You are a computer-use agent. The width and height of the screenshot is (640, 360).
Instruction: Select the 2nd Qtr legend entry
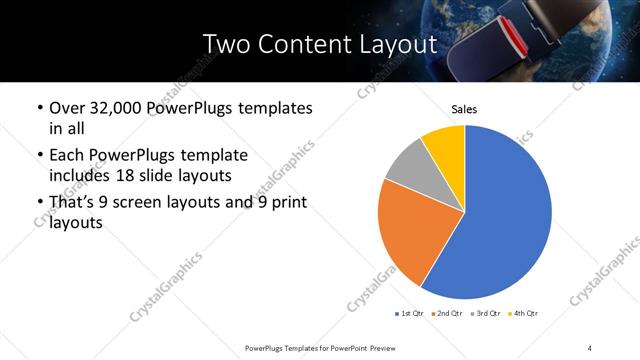point(448,314)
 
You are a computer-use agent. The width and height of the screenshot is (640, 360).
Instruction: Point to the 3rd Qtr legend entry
point(487,314)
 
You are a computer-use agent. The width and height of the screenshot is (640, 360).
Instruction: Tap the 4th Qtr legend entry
point(525,314)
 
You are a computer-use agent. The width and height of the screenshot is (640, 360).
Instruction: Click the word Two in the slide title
point(228,44)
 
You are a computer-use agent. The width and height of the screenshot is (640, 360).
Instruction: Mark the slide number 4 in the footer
point(590,347)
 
